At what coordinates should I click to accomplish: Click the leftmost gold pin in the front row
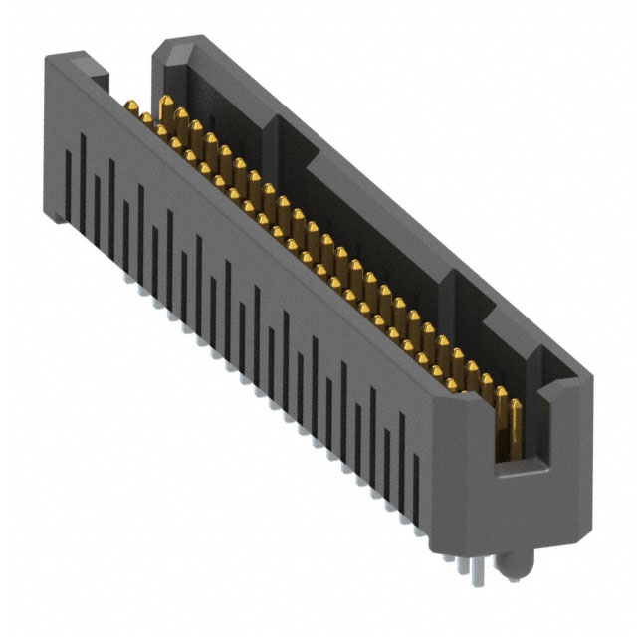tap(130, 106)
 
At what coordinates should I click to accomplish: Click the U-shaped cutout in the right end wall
tap(518, 438)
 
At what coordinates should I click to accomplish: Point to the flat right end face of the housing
tap(557, 468)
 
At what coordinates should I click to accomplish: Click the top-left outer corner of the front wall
tap(46, 60)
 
